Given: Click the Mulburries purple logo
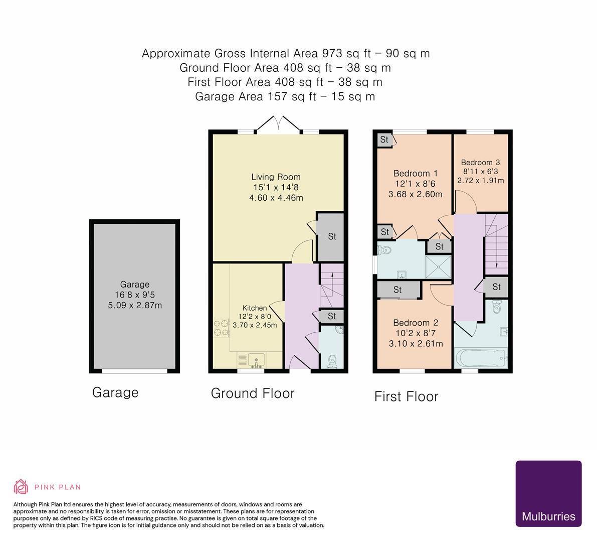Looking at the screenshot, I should point(548,493).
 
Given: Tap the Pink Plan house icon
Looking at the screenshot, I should point(21,486).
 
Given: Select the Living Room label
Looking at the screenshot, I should point(276,177).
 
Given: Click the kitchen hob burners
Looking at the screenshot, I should point(219,328).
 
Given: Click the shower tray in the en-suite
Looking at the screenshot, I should point(438,266).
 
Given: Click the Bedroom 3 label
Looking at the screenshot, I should point(480,163).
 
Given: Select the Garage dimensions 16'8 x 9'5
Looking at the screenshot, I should point(134,295).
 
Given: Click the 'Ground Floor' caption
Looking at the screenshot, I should point(252,393).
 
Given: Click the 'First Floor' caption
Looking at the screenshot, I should point(406,396).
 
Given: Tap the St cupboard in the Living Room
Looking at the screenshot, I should point(331,236).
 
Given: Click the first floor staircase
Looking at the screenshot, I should point(496,243).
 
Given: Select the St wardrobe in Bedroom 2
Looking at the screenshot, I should point(398,290).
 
